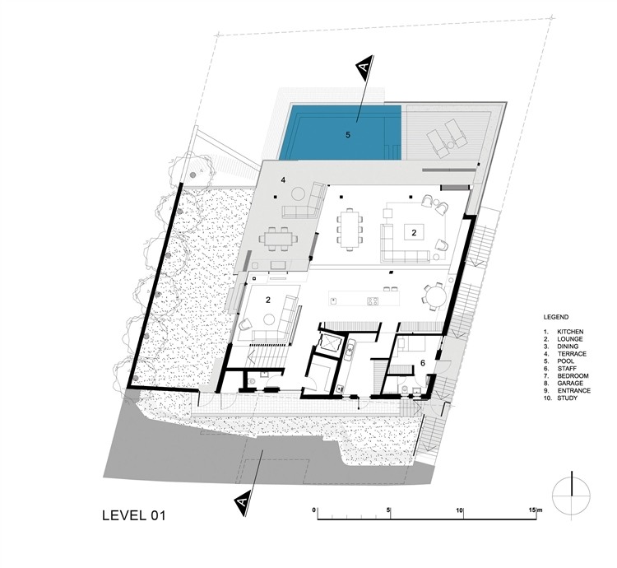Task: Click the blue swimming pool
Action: point(341,133)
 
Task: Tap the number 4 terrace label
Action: point(283,180)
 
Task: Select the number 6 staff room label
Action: point(423,363)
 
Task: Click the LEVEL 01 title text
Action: point(134,515)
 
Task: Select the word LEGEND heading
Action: point(555,317)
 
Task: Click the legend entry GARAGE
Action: point(570,383)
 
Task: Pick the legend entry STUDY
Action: point(568,398)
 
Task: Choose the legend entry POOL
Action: point(565,361)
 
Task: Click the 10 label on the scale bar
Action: point(459,510)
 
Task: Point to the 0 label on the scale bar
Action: point(313,510)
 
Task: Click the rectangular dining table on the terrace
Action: point(278,239)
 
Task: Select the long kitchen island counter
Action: point(364,299)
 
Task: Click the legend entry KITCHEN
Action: point(570,332)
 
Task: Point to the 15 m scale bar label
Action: point(535,510)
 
